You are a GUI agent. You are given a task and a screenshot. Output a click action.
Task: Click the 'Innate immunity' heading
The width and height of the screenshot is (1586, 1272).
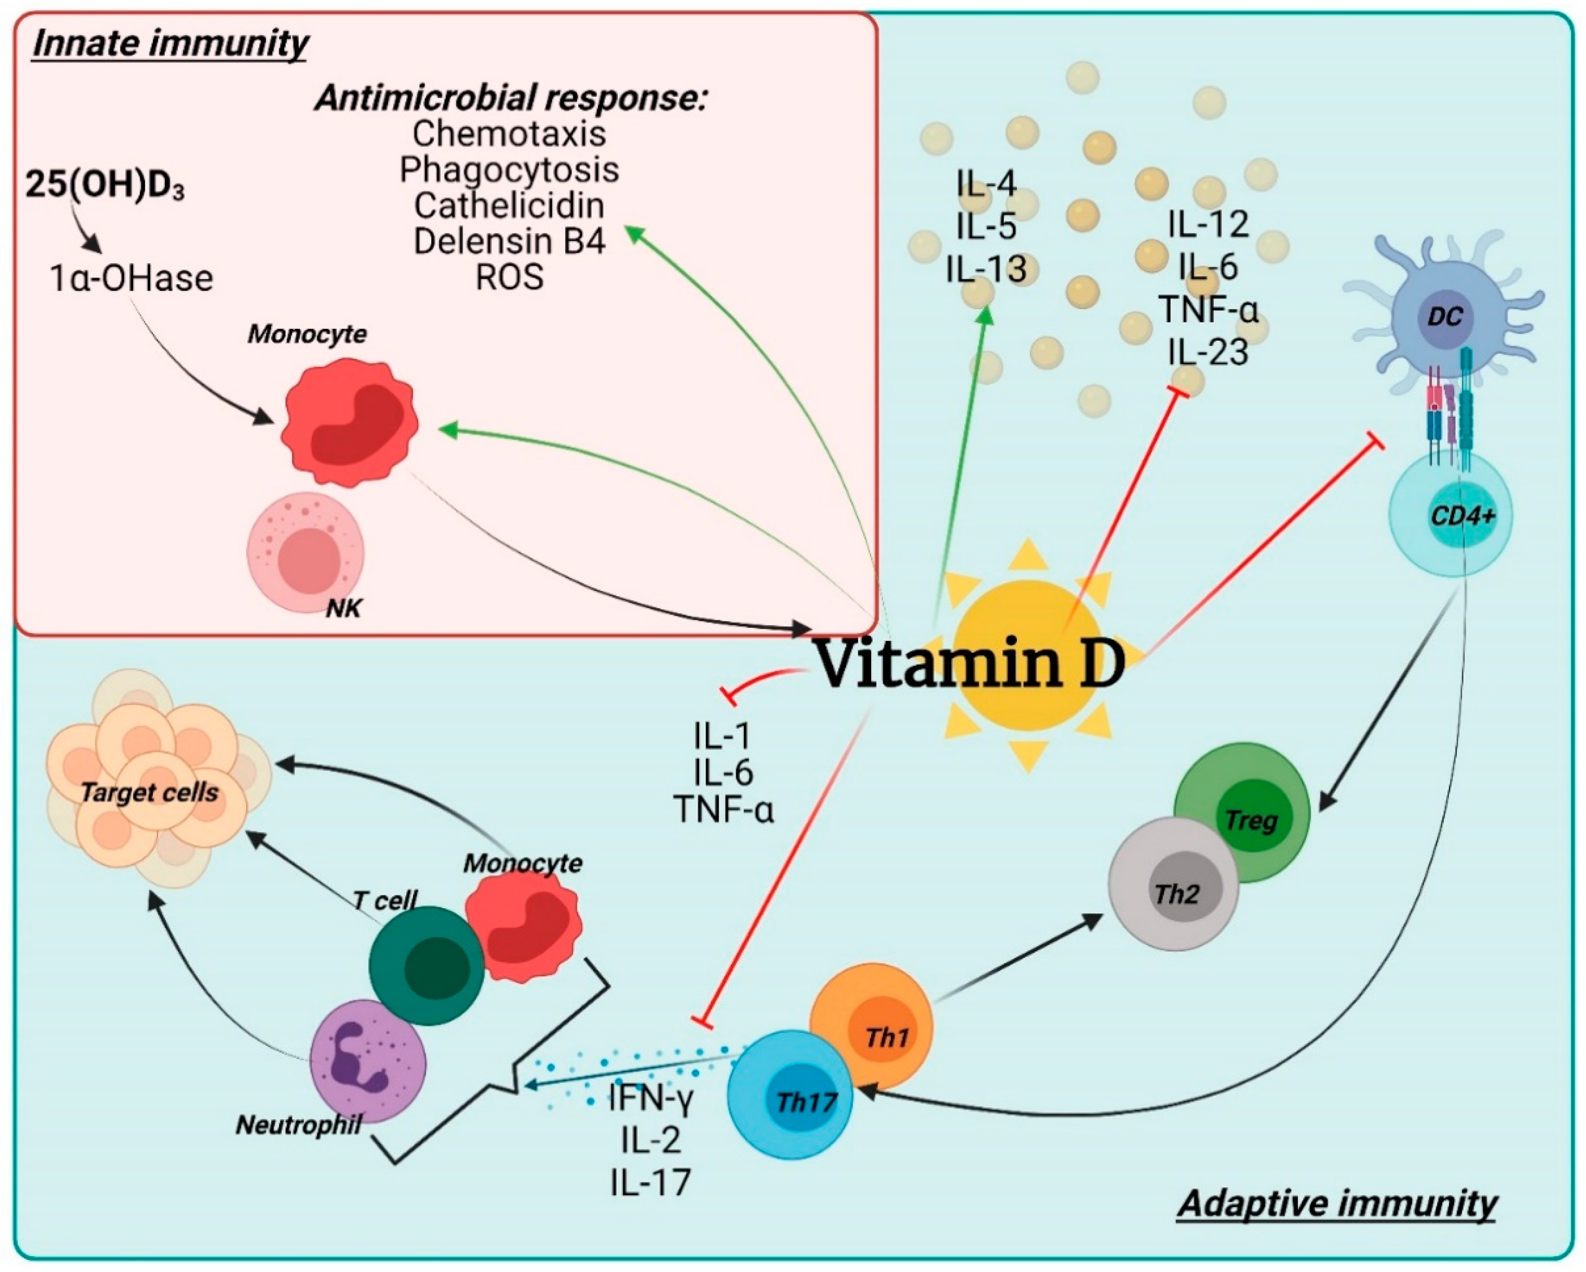click(171, 44)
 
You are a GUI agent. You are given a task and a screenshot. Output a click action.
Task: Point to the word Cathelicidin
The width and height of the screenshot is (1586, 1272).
click(509, 206)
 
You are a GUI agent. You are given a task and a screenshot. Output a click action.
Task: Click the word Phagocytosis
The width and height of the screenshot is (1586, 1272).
click(509, 170)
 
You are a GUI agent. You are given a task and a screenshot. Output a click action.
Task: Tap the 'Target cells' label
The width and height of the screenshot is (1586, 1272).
click(150, 792)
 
